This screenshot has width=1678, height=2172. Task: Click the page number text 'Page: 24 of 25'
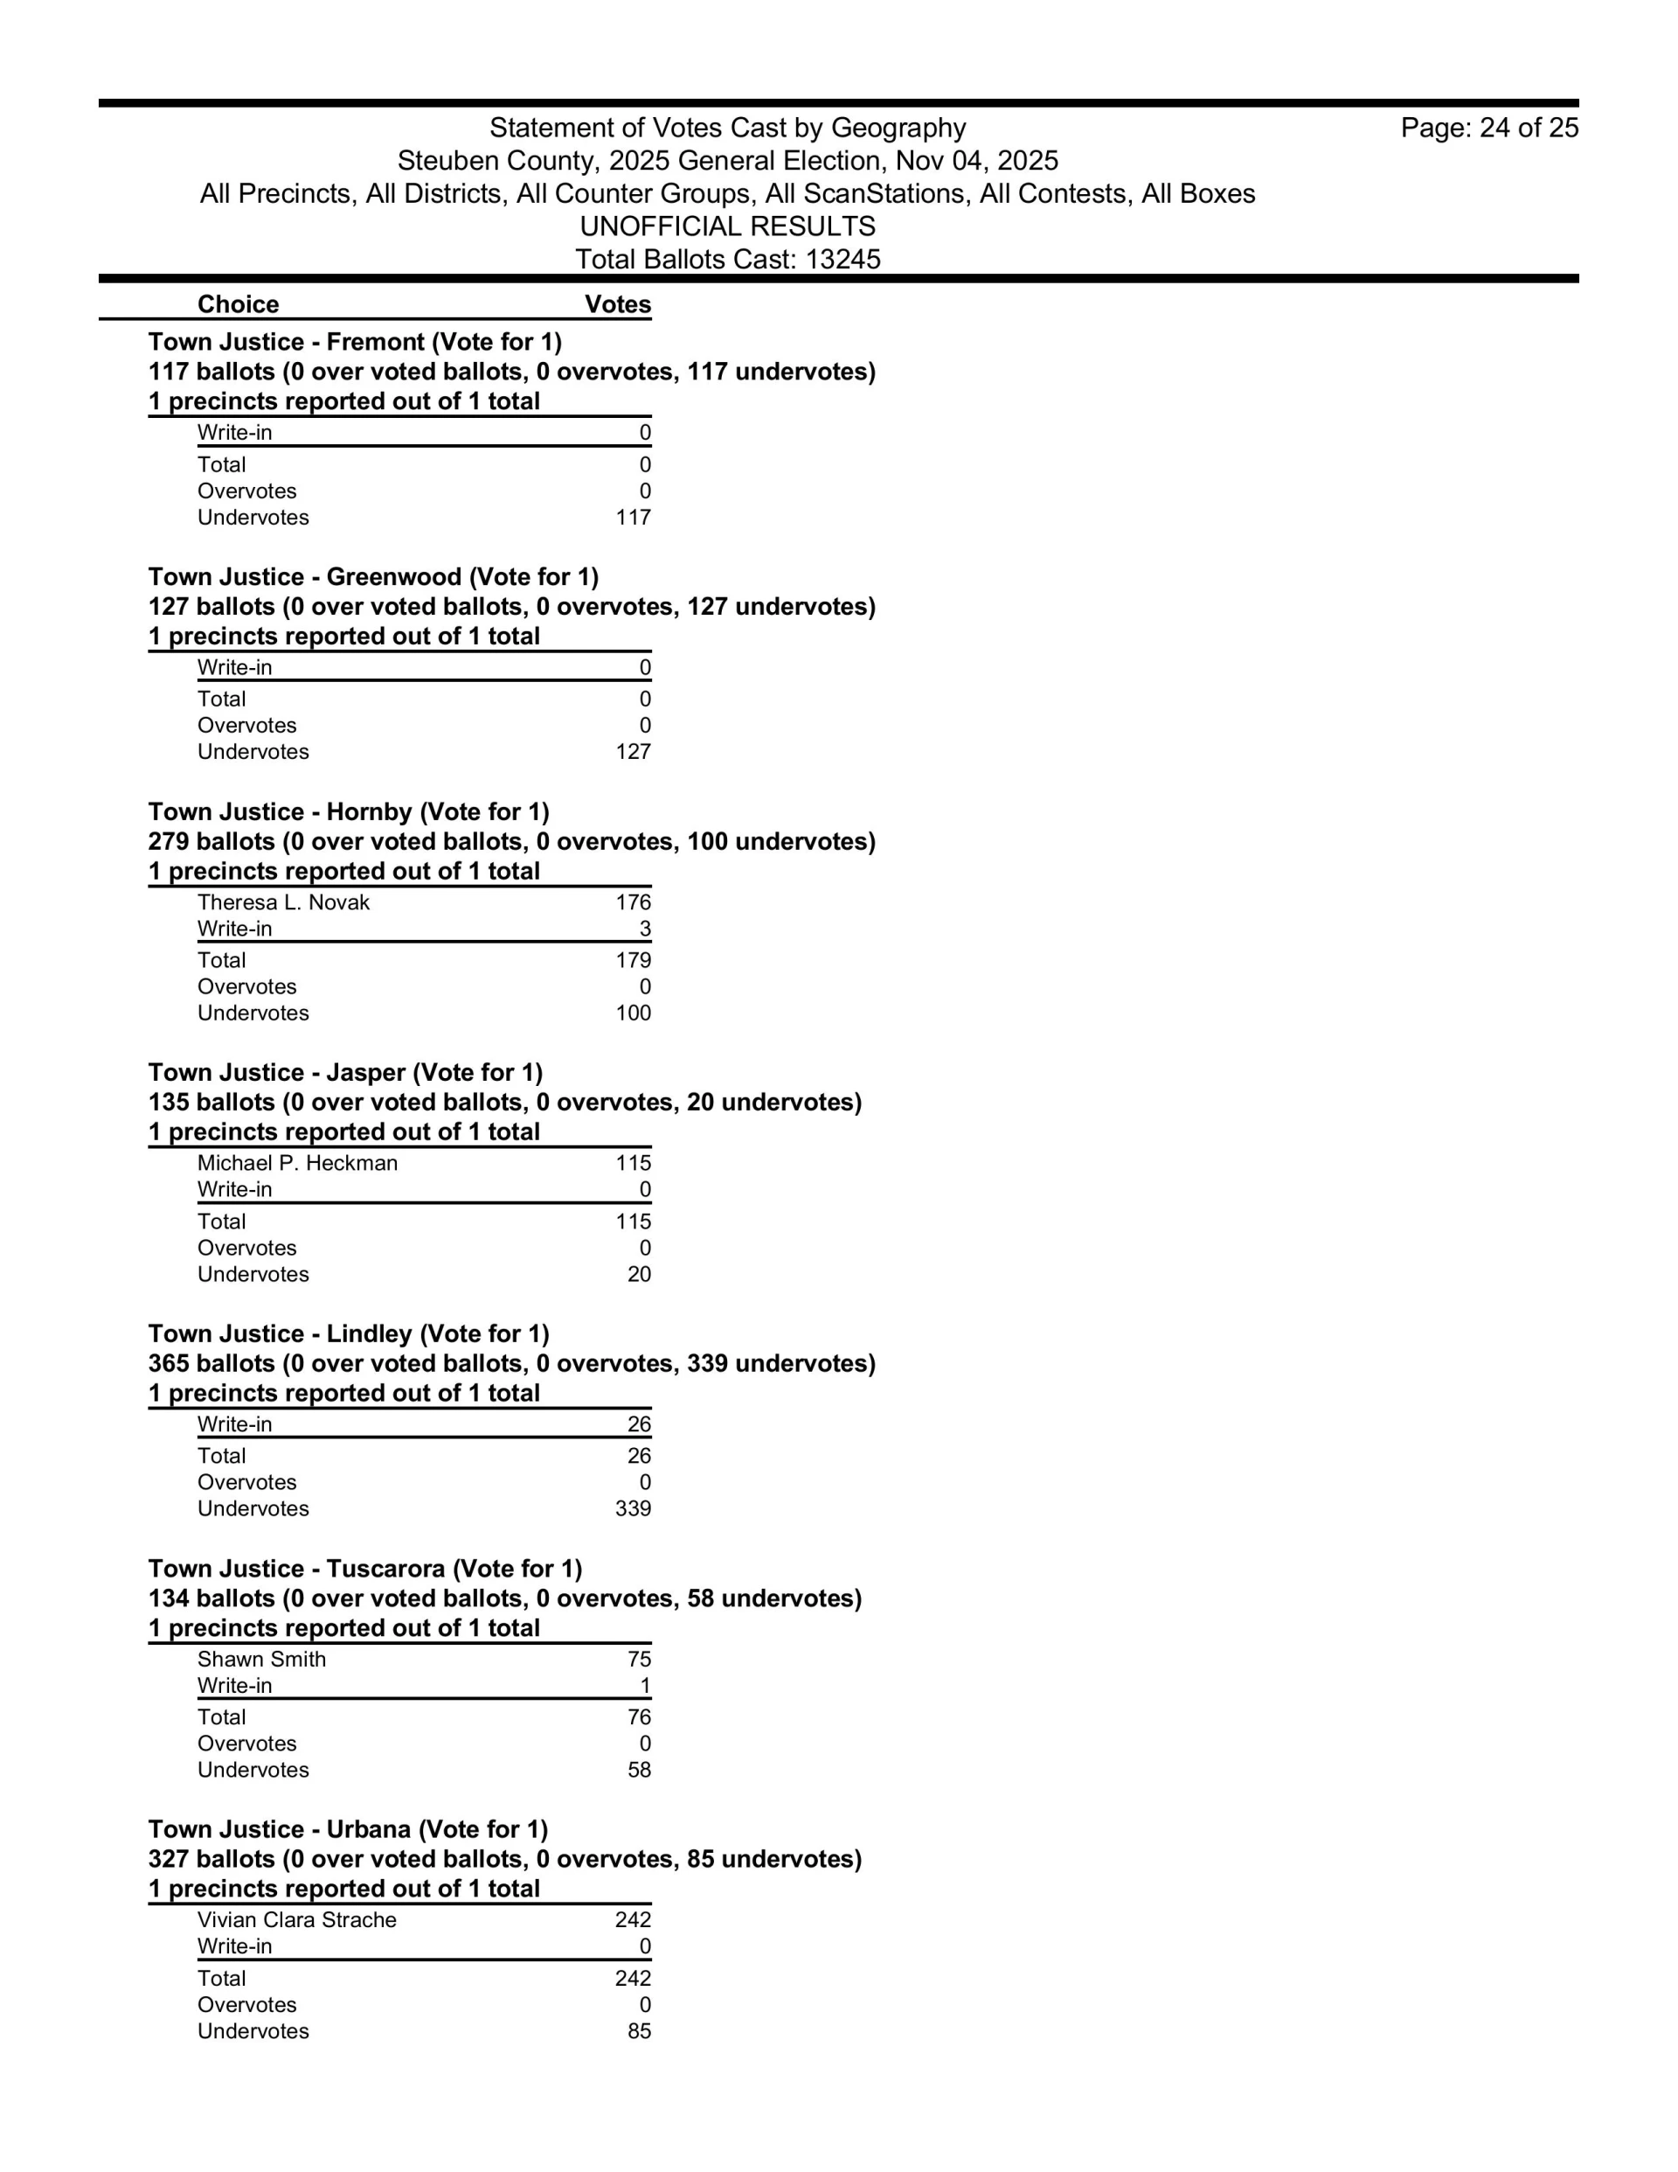pos(1488,128)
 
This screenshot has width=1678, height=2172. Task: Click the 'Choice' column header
pos(238,304)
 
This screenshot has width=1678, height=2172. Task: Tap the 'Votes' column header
pos(617,304)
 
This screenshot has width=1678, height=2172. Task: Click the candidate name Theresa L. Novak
pos(283,902)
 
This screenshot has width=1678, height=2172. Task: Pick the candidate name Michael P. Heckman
pos(297,1163)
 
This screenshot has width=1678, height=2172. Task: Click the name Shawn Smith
pos(261,1659)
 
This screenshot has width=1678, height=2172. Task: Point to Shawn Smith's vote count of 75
pos(638,1659)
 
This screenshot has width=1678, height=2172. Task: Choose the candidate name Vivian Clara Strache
pos(296,1919)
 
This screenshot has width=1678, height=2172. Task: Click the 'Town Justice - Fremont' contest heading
pos(355,342)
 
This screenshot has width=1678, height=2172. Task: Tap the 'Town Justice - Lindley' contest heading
pos(349,1333)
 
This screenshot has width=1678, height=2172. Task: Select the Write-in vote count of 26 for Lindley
pos(638,1424)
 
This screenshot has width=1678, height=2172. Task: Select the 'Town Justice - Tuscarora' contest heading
pos(364,1569)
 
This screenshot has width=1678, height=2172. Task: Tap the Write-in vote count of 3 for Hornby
pos(644,929)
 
